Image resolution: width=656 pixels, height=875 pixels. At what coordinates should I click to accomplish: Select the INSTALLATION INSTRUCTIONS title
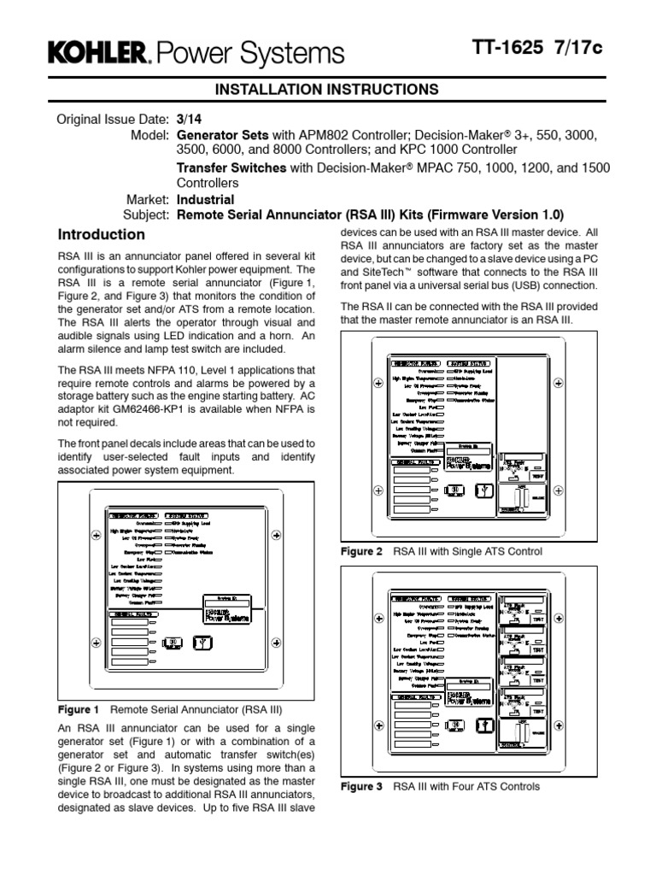[327, 89]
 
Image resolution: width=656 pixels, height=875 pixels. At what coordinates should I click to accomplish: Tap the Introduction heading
[101, 234]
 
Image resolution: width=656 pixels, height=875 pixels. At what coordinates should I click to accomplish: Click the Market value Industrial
[205, 200]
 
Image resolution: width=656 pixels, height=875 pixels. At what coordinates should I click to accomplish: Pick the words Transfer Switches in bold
[231, 168]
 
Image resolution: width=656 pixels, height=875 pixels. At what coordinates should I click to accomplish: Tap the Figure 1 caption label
[79, 710]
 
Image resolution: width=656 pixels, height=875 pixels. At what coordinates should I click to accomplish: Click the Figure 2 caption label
[362, 552]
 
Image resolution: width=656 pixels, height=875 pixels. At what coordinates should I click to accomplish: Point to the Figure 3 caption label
[362, 787]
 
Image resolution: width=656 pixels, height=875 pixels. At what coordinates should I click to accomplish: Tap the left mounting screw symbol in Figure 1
[95, 536]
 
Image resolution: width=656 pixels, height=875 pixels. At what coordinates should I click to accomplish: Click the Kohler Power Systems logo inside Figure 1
[225, 615]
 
